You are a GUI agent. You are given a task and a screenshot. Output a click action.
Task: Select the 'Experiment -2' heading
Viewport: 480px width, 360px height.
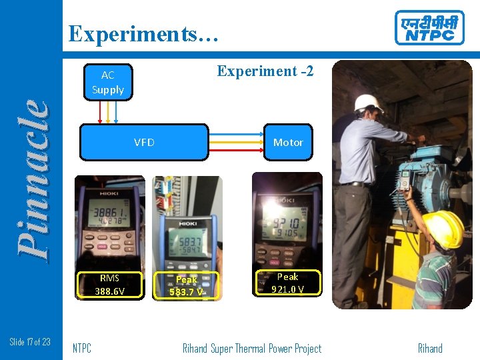pos(265,71)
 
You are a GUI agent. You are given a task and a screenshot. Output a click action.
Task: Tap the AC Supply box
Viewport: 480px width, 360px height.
pos(108,82)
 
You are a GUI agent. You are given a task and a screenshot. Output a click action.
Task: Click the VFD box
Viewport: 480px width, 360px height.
pos(144,142)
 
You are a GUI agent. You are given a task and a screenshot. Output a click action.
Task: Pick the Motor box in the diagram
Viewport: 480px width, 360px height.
pos(288,142)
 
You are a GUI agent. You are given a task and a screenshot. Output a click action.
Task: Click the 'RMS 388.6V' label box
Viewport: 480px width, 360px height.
pos(109,285)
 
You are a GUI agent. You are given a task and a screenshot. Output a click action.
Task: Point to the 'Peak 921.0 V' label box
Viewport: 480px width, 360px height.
pos(287,283)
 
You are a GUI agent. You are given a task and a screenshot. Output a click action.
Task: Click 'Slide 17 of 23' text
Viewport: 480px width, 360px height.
pos(30,342)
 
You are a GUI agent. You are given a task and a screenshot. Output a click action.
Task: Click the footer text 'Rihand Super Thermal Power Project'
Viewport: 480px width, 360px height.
pos(252,348)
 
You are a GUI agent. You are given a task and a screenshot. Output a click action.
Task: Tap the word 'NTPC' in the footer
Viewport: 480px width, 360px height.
pos(81,348)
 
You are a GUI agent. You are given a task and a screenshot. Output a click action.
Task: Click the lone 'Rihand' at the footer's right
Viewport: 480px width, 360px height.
pos(430,348)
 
